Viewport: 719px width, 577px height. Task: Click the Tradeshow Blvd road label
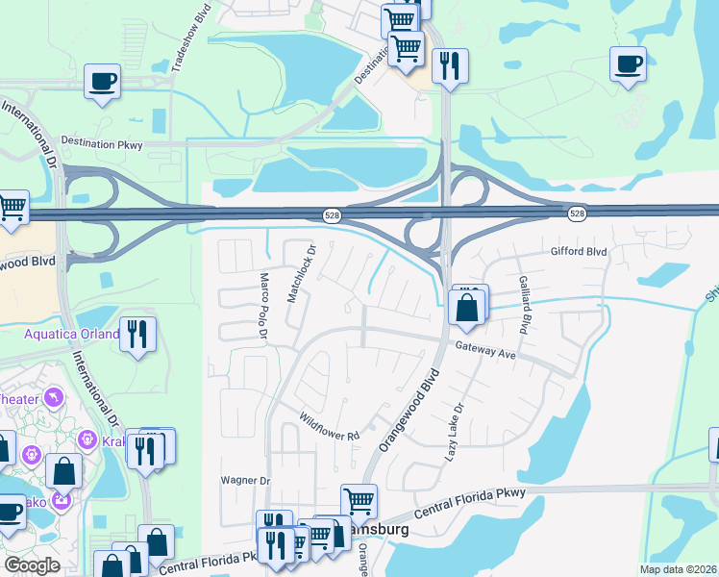(x=192, y=38)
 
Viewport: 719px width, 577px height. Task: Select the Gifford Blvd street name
(x=579, y=251)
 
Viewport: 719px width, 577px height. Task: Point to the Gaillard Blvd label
(x=524, y=304)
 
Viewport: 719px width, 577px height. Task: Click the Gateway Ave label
(x=486, y=353)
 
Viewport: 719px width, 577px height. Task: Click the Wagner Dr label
(x=246, y=480)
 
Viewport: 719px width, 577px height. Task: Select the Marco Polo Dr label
(x=262, y=305)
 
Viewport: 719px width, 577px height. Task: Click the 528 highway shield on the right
(x=576, y=213)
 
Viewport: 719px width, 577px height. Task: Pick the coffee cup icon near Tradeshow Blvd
(x=102, y=81)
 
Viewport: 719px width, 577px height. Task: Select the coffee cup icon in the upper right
(x=628, y=64)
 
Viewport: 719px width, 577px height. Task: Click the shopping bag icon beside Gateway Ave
(x=466, y=308)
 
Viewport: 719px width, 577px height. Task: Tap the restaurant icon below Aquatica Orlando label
(x=138, y=335)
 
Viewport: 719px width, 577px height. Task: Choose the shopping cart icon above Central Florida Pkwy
(x=359, y=500)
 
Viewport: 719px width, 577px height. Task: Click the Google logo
(x=32, y=565)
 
